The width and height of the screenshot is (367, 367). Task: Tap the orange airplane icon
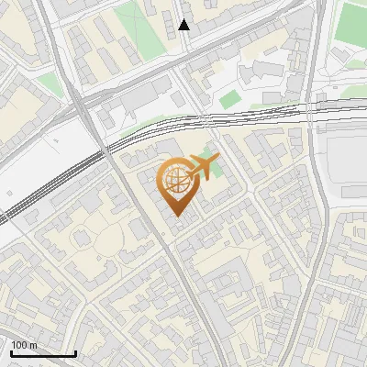[204, 167]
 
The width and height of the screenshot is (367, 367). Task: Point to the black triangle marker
[184, 25]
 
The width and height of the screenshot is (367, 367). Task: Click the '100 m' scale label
[25, 345]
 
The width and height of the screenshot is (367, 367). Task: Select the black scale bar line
[43, 353]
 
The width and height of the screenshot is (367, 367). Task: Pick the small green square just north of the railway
[229, 97]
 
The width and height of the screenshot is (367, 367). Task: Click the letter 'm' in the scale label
[33, 345]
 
